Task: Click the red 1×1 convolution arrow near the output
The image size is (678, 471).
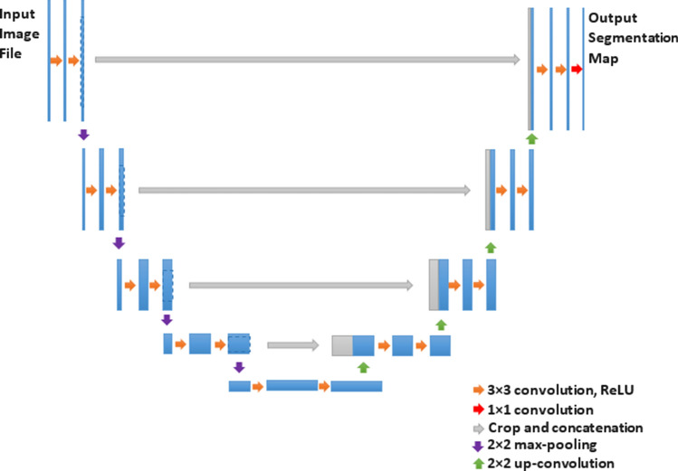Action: [x=575, y=69]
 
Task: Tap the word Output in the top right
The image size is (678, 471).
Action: [x=612, y=18]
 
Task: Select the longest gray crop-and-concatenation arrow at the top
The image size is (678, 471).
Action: [x=308, y=60]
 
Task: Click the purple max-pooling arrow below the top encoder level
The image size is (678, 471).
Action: [x=83, y=135]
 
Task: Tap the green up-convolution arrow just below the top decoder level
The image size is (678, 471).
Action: [x=531, y=137]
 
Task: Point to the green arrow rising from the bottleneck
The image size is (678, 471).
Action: [x=363, y=367]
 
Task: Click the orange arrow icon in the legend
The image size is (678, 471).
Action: [x=477, y=391]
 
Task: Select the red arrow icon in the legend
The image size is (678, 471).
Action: [x=477, y=410]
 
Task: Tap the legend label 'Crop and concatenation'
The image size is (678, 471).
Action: [x=552, y=427]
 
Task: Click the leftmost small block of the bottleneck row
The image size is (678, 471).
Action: [x=239, y=387]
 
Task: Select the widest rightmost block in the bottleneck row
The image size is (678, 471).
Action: [x=357, y=387]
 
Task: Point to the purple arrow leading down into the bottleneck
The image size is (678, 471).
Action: [x=239, y=367]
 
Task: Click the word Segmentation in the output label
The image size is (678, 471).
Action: [x=633, y=38]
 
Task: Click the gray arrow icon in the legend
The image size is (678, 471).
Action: [x=477, y=427]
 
